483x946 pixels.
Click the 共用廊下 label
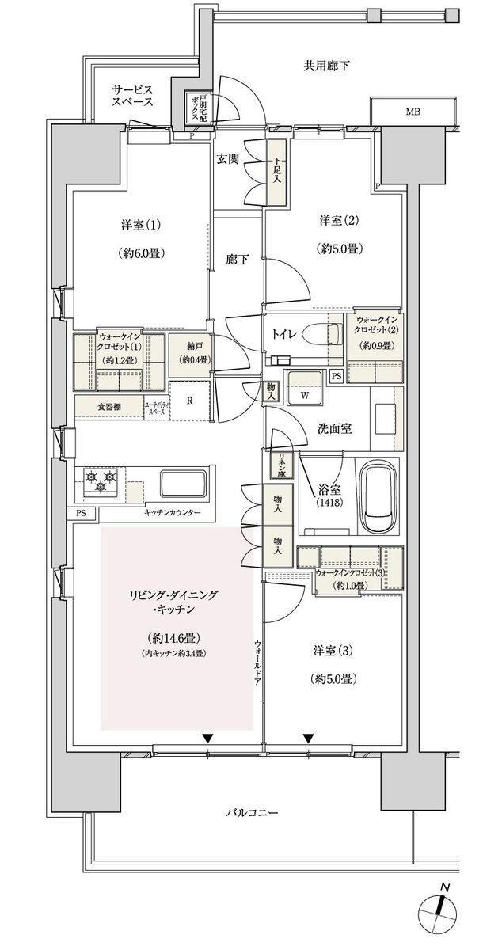[x=326, y=66]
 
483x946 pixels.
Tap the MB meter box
[x=413, y=112]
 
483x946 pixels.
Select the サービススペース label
[x=131, y=96]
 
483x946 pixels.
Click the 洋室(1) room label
[x=143, y=224]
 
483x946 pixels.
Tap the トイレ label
[x=286, y=335]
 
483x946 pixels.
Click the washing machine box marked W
[x=304, y=393]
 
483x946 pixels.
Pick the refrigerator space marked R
[x=188, y=400]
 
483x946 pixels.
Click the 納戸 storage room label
[x=188, y=347]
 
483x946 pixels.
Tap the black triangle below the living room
[x=207, y=739]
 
